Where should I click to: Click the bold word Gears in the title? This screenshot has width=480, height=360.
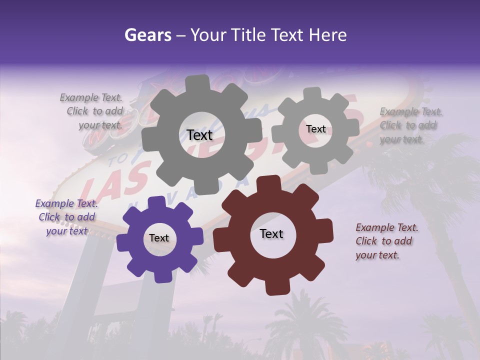pos(147,35)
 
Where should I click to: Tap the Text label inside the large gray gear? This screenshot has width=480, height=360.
pos(199,135)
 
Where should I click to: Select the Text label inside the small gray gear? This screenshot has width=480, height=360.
pos(315,129)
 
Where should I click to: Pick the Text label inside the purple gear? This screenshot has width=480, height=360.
pos(159,238)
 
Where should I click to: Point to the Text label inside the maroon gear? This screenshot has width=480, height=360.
pos(271,233)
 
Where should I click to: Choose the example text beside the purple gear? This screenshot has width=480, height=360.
pos(66,217)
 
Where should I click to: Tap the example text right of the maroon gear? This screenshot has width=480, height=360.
pos(386,241)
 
